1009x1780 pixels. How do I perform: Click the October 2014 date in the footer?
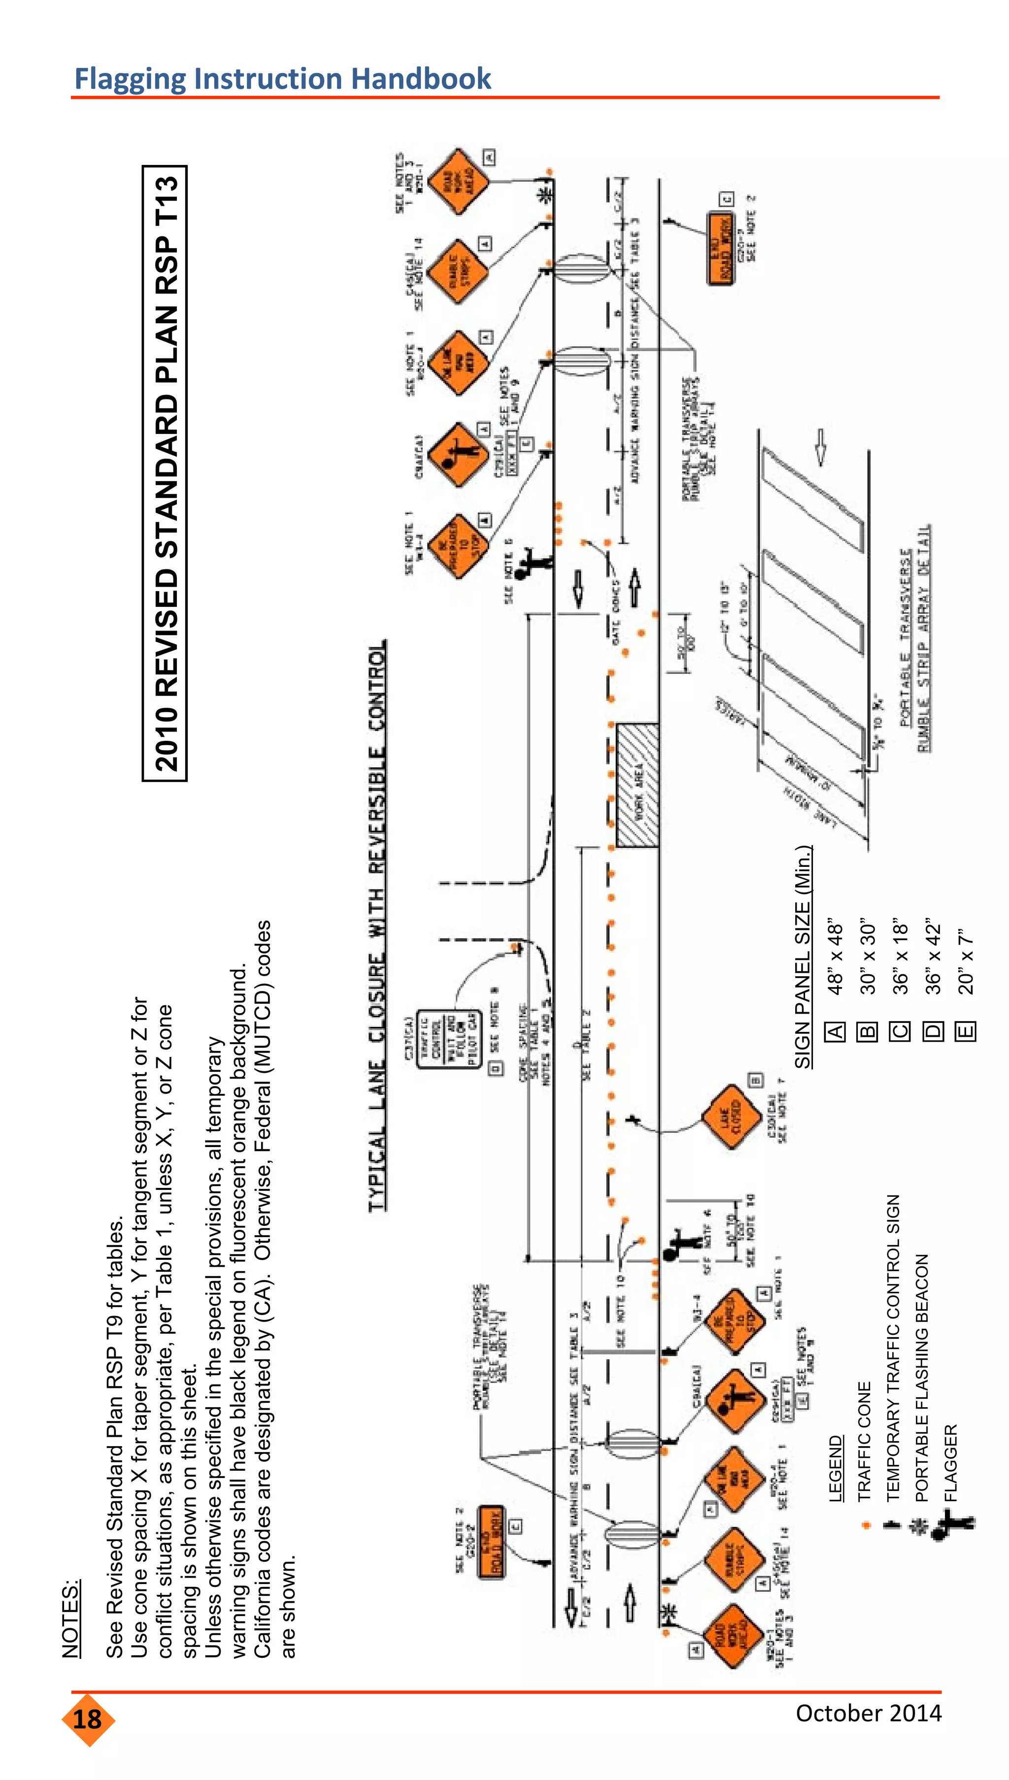tap(868, 1712)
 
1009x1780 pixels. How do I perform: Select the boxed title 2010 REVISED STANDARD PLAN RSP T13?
tap(166, 473)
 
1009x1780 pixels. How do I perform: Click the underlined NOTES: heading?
tap(71, 1618)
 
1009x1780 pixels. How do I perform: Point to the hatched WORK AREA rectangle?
tap(637, 786)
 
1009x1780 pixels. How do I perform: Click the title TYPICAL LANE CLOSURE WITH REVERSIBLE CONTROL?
tap(376, 924)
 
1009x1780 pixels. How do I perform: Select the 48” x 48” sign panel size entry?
tap(836, 959)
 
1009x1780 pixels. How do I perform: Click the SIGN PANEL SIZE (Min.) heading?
tap(803, 956)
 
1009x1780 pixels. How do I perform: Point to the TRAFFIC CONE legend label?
tap(864, 1441)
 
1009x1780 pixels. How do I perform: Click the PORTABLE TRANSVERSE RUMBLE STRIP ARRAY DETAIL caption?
tap(915, 637)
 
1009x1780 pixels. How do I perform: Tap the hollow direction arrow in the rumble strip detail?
tap(820, 447)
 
